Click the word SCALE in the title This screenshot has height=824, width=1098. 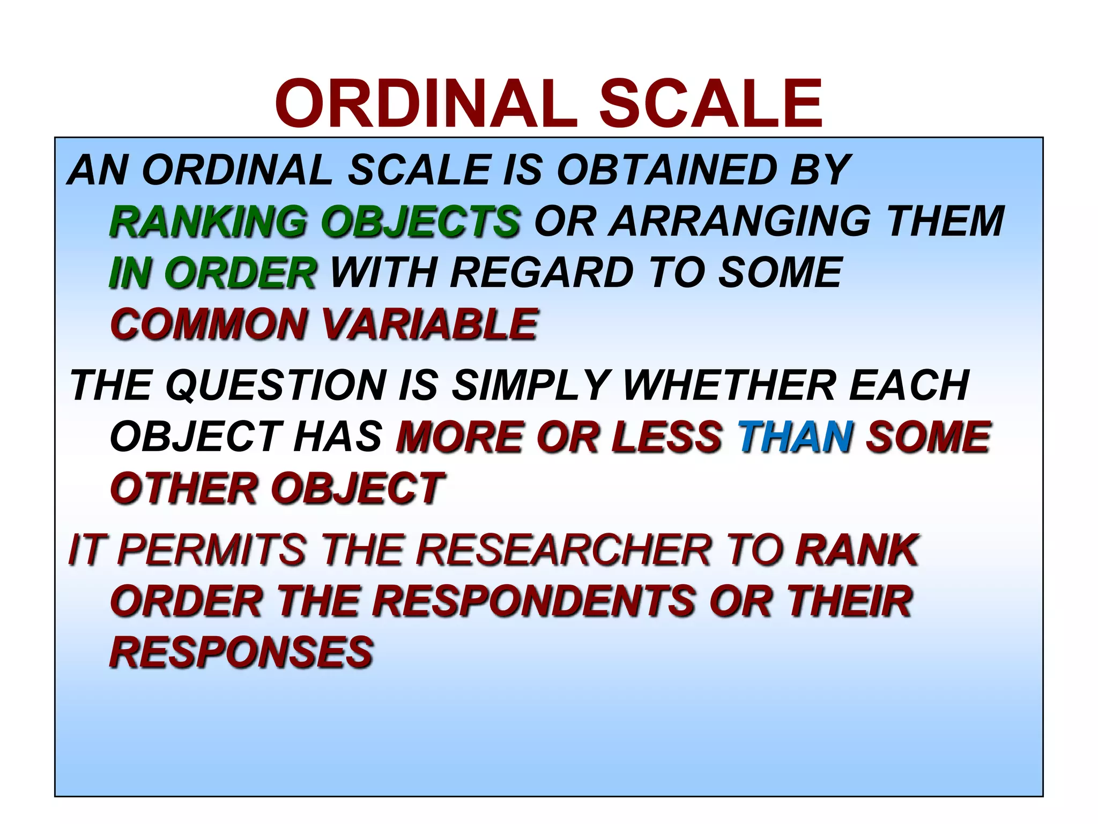(710, 104)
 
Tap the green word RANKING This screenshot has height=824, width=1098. (208, 222)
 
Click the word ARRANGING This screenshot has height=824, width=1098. (739, 222)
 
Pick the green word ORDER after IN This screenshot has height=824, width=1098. (244, 273)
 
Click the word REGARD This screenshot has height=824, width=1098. (542, 273)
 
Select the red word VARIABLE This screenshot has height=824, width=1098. (429, 325)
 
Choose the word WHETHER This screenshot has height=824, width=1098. (729, 385)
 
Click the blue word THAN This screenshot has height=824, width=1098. (796, 437)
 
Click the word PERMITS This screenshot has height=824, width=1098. (212, 550)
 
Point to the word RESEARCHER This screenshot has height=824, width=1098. (563, 550)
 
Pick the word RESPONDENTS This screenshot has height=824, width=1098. (534, 601)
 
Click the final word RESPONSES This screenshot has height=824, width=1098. (241, 653)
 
